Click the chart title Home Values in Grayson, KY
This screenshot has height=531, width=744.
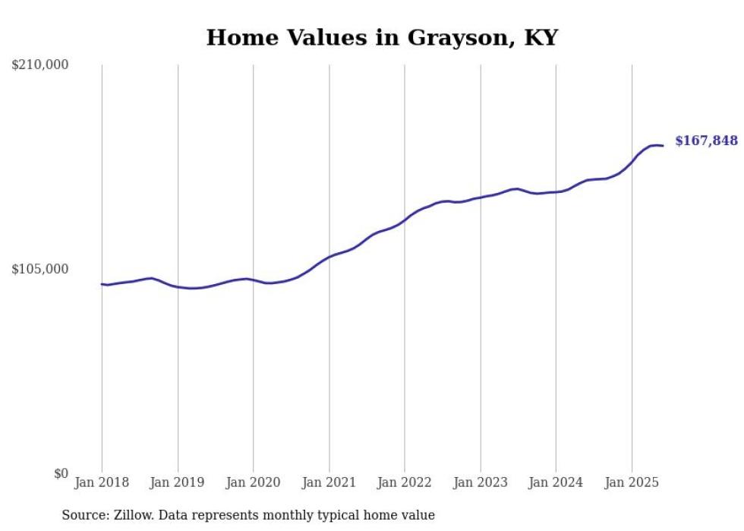[382, 38]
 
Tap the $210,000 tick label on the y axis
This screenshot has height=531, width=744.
[40, 65]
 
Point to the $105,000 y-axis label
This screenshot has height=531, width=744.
[40, 269]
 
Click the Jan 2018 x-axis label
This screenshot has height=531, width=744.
[102, 482]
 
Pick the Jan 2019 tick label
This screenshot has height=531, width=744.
[178, 482]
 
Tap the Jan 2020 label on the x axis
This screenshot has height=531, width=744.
[253, 482]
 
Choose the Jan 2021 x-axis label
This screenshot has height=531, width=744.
[329, 482]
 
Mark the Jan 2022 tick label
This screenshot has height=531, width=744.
[405, 482]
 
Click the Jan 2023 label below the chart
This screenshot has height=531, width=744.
[480, 482]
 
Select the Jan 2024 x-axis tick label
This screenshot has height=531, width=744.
[556, 482]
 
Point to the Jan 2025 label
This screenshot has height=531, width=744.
[632, 482]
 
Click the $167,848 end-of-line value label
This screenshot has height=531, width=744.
[706, 141]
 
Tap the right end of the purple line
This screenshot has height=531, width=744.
[664, 146]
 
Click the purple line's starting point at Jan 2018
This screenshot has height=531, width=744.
[102, 284]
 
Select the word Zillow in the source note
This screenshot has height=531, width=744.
[133, 515]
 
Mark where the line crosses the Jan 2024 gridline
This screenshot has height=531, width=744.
[556, 192]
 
